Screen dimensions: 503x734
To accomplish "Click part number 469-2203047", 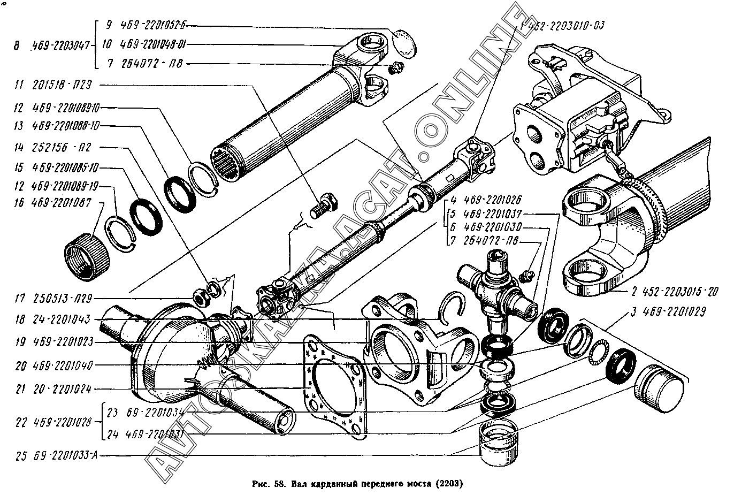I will (x=63, y=45).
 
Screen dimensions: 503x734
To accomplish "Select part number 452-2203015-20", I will (x=670, y=293).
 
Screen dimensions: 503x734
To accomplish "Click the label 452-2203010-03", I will (x=568, y=25).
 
